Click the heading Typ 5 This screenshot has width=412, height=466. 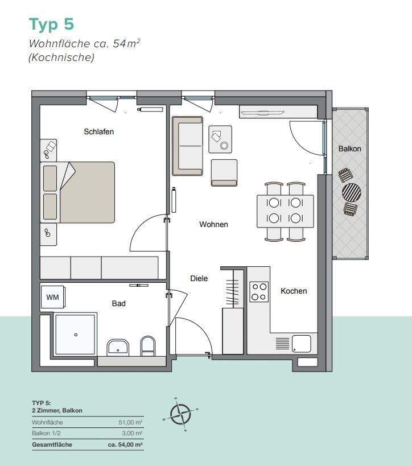coord(51,24)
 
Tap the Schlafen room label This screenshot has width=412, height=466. coord(99,131)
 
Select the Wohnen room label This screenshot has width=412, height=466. coord(213,224)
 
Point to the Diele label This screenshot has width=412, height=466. coord(199,278)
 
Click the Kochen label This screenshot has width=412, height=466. coord(294,291)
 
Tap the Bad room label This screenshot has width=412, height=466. coord(118,303)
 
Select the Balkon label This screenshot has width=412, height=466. coord(349,149)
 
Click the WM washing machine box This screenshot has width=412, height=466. coord(52,297)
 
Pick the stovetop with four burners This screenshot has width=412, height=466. coord(259,292)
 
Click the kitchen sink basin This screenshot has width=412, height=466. coord(301,343)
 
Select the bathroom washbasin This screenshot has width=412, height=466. coord(118,347)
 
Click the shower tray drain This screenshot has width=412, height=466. coord(75,335)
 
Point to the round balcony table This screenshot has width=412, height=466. coord(351,192)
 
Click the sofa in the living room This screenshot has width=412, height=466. coord(187,146)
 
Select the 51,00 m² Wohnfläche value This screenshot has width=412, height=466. coord(131,422)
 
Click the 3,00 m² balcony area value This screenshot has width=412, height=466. coord(133,434)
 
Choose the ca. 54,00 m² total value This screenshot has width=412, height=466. coord(126,445)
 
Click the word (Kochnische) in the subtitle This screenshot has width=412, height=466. coord(61,57)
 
